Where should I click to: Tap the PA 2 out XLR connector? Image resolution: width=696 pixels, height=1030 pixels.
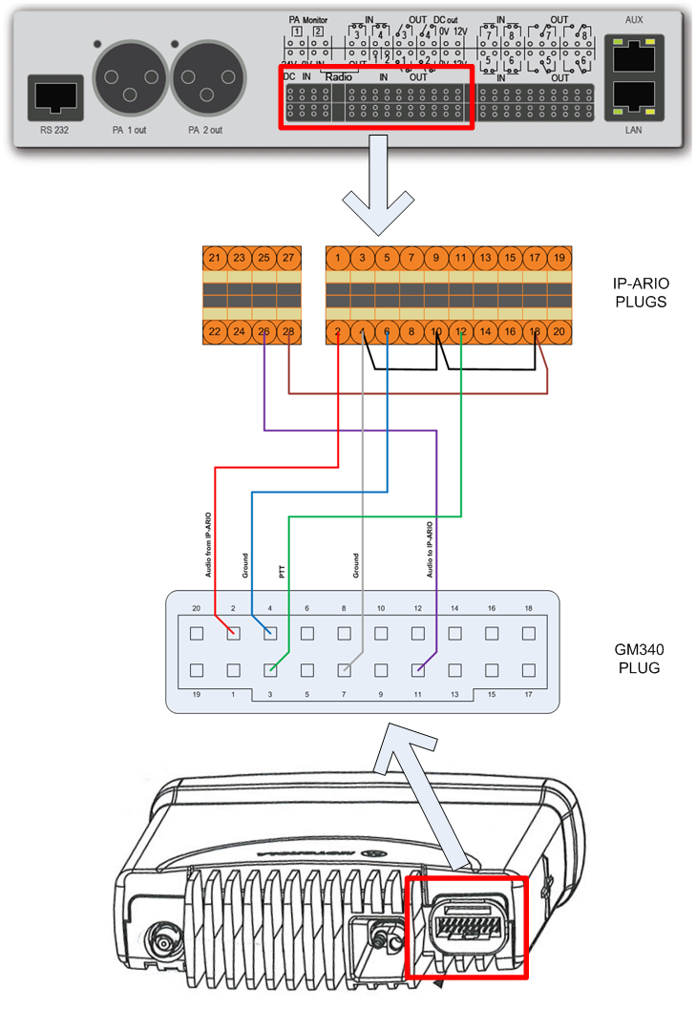click(208, 80)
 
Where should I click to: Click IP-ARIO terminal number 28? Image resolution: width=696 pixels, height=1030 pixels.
click(288, 331)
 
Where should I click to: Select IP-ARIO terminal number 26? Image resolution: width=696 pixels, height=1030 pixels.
click(264, 331)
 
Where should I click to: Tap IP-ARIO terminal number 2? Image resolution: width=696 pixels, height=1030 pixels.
click(338, 331)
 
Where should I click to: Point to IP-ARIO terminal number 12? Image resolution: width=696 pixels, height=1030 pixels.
click(461, 331)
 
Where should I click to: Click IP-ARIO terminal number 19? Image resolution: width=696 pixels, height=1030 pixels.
click(559, 258)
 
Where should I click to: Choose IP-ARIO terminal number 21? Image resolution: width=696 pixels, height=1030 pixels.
click(215, 258)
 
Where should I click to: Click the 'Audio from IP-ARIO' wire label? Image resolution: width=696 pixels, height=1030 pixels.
click(208, 545)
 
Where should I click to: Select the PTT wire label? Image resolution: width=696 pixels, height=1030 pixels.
click(282, 572)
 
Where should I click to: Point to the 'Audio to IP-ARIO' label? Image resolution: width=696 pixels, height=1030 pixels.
click(429, 550)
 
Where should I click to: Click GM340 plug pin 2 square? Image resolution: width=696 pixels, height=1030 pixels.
click(233, 633)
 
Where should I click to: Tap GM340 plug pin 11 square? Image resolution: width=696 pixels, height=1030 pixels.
click(417, 670)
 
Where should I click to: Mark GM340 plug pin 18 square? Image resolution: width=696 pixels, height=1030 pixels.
click(528, 633)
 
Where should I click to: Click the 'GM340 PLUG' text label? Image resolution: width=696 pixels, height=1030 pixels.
click(638, 658)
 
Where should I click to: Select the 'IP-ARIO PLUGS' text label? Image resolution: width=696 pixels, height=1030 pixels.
click(638, 293)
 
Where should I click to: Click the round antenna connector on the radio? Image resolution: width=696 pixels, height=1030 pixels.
click(164, 945)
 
